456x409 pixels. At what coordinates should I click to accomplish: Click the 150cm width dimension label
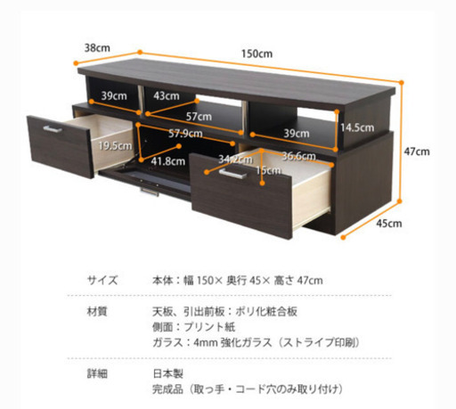coord(256,53)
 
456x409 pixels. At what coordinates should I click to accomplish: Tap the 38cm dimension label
coord(97,48)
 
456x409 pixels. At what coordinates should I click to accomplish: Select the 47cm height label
coord(417,151)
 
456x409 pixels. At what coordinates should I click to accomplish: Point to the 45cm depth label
coord(389,224)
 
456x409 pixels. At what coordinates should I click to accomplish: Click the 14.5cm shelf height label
coord(357,127)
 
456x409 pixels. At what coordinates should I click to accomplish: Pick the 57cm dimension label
coord(199,117)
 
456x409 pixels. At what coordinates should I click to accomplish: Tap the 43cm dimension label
coord(167,96)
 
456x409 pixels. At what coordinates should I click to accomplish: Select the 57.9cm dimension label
coord(185,134)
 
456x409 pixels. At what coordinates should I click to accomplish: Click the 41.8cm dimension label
coord(168,161)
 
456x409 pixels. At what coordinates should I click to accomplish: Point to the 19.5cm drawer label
coord(115,145)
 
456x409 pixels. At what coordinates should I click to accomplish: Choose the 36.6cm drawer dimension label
coord(298,156)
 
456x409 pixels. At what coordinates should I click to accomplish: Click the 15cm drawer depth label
coord(268,170)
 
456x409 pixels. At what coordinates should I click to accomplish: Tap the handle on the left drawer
coord(53,129)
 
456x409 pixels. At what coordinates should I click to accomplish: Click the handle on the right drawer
coord(232,174)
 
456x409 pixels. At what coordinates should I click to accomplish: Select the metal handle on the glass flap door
coord(150,192)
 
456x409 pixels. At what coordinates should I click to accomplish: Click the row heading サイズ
coord(102,280)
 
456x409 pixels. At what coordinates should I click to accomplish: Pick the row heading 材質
coord(97,312)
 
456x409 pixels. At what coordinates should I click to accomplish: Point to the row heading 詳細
coord(97,373)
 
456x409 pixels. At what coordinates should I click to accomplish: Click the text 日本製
coord(168,373)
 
